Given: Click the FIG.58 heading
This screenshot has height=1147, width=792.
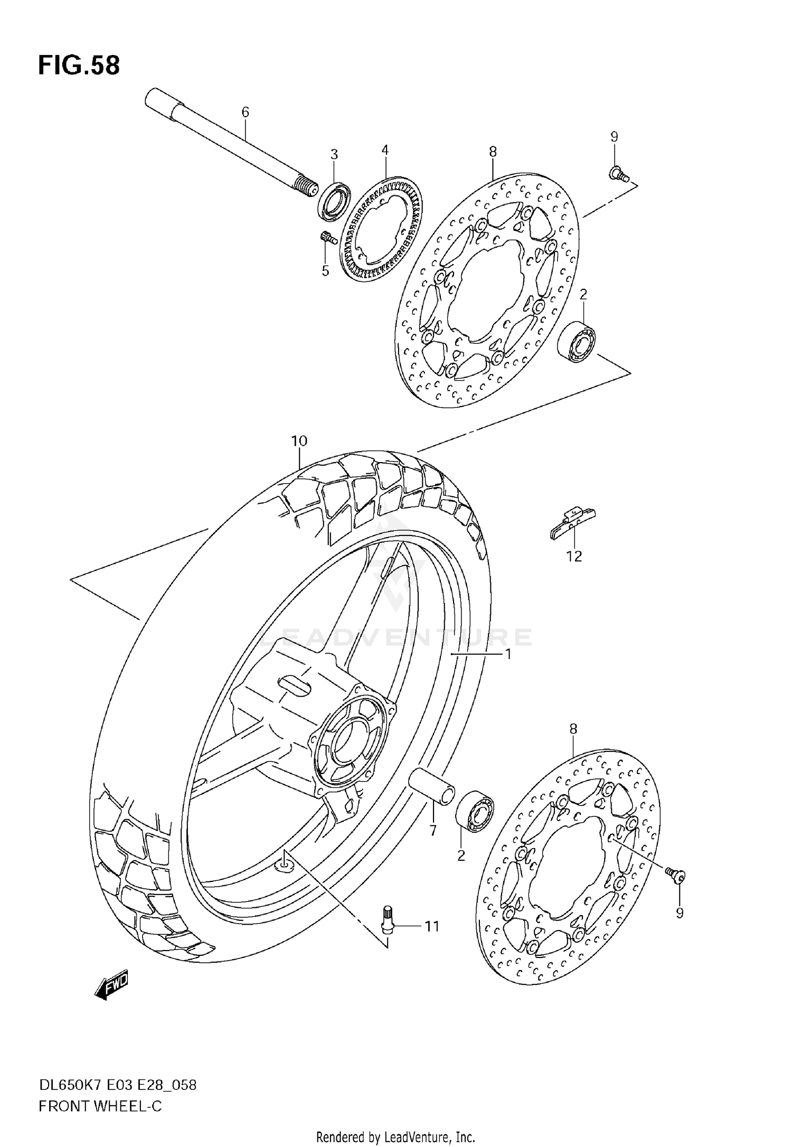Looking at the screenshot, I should (x=79, y=65).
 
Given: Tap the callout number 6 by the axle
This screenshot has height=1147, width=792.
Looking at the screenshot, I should (x=245, y=112).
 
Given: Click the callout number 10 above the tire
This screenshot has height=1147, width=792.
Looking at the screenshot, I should (x=299, y=440).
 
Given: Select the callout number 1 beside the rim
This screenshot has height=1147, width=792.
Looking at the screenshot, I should (x=507, y=654).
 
